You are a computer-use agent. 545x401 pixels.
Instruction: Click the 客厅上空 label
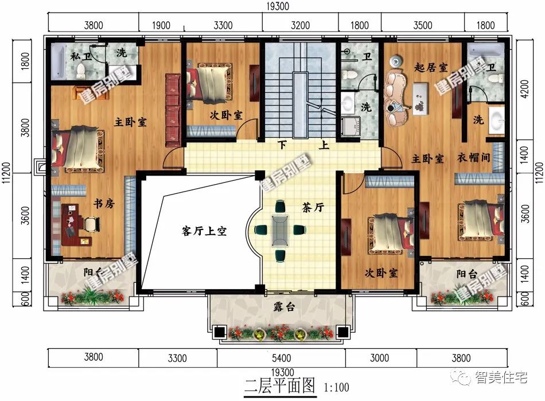tap(204, 231)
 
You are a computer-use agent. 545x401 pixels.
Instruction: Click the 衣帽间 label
tap(474, 158)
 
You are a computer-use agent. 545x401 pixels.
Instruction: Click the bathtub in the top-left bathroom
tap(60, 63)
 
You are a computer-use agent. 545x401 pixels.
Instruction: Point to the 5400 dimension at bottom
tap(281, 359)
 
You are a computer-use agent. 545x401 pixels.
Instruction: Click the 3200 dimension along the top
tap(300, 25)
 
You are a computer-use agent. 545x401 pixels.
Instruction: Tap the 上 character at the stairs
tap(325, 145)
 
